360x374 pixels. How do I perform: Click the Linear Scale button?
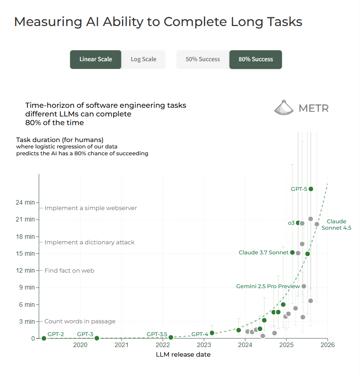(x=95, y=59)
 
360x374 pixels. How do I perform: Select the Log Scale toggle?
(x=143, y=59)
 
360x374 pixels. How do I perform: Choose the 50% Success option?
(x=202, y=59)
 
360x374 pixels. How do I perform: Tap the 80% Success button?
(x=255, y=59)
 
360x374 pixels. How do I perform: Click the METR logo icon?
(x=284, y=108)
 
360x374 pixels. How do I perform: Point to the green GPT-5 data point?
(x=311, y=189)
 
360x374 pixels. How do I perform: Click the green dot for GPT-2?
(x=44, y=338)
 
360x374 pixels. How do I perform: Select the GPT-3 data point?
(x=97, y=338)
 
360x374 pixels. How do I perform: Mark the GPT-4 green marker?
(x=212, y=333)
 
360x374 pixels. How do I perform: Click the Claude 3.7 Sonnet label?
(x=263, y=253)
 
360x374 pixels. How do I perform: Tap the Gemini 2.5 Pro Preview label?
(x=268, y=286)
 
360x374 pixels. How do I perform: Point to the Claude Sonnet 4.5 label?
(x=336, y=225)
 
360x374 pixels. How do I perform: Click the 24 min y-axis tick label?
(x=26, y=202)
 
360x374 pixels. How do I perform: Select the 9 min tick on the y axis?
(x=27, y=287)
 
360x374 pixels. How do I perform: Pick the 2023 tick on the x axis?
(x=204, y=345)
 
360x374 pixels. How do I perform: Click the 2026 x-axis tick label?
(x=328, y=345)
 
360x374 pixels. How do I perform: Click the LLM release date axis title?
(x=183, y=354)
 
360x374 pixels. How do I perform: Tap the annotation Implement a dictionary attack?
(x=90, y=242)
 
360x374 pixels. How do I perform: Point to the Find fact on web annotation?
(x=69, y=271)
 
